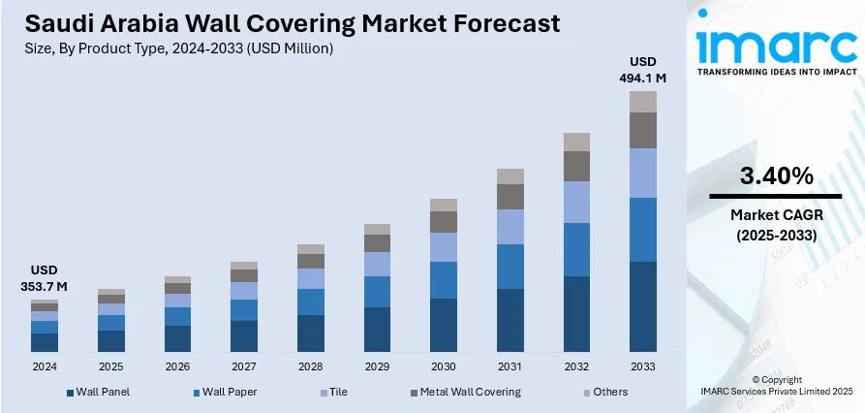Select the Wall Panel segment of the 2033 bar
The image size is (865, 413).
643,306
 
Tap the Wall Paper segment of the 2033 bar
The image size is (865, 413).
643,230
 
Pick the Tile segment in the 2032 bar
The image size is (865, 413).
576,202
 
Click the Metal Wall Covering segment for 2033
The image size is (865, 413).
643,130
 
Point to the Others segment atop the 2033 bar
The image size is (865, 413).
643,102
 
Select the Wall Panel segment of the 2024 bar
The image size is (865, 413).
45,342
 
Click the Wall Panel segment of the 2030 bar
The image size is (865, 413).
444,325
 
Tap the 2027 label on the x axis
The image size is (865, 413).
244,367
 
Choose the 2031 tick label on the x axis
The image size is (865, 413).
510,367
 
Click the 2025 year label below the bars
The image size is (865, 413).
111,367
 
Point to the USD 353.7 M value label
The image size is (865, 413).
45,277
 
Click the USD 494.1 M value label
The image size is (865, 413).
643,69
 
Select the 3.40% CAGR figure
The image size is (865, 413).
776,176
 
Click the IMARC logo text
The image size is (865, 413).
775,46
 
